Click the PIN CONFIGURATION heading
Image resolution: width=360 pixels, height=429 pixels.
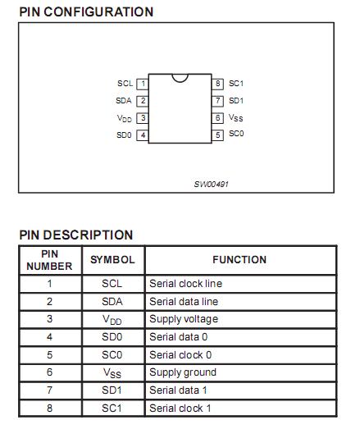click(x=86, y=12)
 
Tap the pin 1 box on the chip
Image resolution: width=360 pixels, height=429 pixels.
click(x=142, y=84)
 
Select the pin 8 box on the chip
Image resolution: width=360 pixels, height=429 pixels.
click(x=218, y=84)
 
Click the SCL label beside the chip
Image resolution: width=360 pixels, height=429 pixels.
click(x=125, y=84)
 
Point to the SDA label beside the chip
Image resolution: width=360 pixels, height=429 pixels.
click(x=124, y=101)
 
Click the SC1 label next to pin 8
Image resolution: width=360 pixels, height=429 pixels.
click(x=236, y=84)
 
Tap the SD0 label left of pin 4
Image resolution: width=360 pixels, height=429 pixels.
click(x=124, y=135)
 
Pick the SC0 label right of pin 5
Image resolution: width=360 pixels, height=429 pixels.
click(x=236, y=134)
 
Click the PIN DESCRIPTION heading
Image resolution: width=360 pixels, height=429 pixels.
click(x=76, y=235)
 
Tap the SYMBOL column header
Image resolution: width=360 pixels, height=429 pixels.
click(x=112, y=260)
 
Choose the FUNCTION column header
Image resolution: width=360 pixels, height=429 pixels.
click(x=239, y=260)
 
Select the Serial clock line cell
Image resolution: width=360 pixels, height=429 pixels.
click(x=185, y=284)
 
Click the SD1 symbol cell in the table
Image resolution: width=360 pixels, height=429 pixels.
click(x=112, y=390)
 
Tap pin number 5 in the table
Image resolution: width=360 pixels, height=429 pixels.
click(x=49, y=354)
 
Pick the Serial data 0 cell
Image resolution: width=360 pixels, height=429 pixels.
click(x=180, y=337)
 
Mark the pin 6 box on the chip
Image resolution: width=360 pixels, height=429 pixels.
click(x=218, y=118)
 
